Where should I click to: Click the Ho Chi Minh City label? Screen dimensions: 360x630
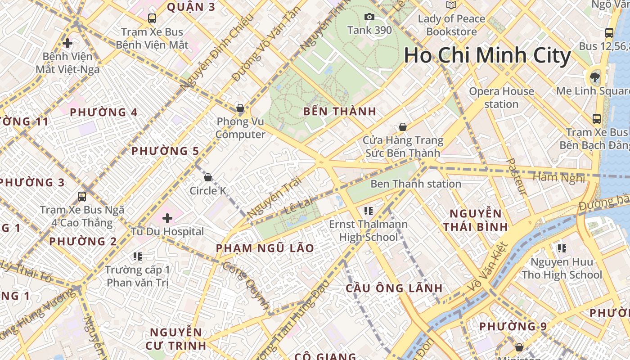pos(487,56)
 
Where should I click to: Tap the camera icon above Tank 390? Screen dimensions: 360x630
pos(369,17)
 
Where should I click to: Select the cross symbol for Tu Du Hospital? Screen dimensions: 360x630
pos(167,219)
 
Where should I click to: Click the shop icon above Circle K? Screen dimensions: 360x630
pos(208,177)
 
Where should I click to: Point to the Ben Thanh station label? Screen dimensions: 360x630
pos(416,184)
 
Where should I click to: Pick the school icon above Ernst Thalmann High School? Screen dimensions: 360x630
pos(369,211)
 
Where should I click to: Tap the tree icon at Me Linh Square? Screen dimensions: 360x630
pos(595,77)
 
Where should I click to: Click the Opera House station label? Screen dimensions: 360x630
pos(501,98)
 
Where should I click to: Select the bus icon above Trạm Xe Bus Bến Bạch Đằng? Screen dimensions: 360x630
pos(597,119)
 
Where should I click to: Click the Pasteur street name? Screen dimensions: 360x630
pos(516,176)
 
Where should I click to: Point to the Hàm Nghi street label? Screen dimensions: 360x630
pos(558,177)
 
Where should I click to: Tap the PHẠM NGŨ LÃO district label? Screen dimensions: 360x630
pos(265,248)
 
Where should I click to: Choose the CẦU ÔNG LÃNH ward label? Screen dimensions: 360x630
pos(394,288)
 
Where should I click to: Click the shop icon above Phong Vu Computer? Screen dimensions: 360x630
pos(240,108)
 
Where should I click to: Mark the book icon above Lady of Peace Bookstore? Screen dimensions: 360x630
pos(451,5)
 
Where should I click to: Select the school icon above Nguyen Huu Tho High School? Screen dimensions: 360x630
pos(562,248)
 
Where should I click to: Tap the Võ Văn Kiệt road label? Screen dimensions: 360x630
pos(487,267)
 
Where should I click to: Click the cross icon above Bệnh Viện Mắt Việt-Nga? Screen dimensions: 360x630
pos(67,43)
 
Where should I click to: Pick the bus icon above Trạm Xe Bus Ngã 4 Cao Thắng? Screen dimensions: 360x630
pos(82,196)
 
